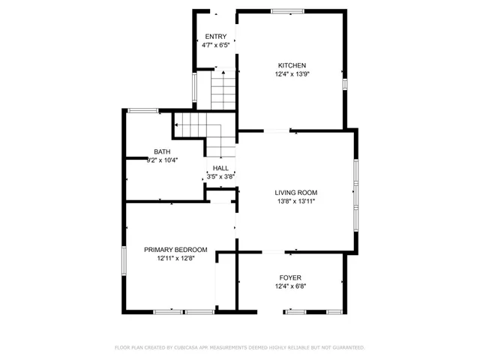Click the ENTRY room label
click(215, 37)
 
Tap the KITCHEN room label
click(292, 65)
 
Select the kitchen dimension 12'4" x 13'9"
click(292, 74)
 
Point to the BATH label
click(162, 151)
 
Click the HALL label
click(220, 168)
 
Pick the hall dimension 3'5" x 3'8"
click(221, 177)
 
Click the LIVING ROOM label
click(296, 193)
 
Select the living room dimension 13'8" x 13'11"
click(296, 202)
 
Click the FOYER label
click(290, 277)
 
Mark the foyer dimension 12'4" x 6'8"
click(290, 286)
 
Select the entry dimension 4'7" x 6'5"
click(215, 45)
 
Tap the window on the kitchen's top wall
click(288, 11)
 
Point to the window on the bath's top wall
click(142, 110)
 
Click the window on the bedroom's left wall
click(124, 259)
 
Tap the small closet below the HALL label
click(220, 196)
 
